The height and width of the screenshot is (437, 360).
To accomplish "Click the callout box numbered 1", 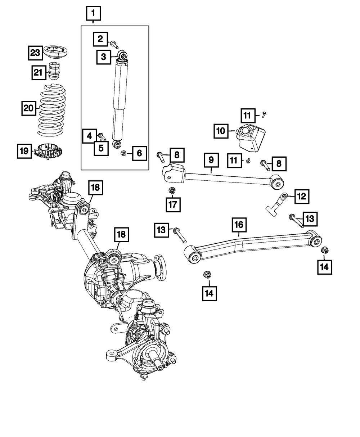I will (93, 14).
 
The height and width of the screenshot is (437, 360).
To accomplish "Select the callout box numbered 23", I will (35, 53).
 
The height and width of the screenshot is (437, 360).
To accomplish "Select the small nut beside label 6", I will (123, 154).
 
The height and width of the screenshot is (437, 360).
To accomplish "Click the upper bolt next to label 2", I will (114, 44).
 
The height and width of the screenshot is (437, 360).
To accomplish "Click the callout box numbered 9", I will (211, 159).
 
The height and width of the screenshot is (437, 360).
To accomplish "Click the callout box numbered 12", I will (301, 196).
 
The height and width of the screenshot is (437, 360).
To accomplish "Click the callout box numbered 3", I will (103, 57).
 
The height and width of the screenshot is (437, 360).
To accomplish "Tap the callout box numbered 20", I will (28, 108).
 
